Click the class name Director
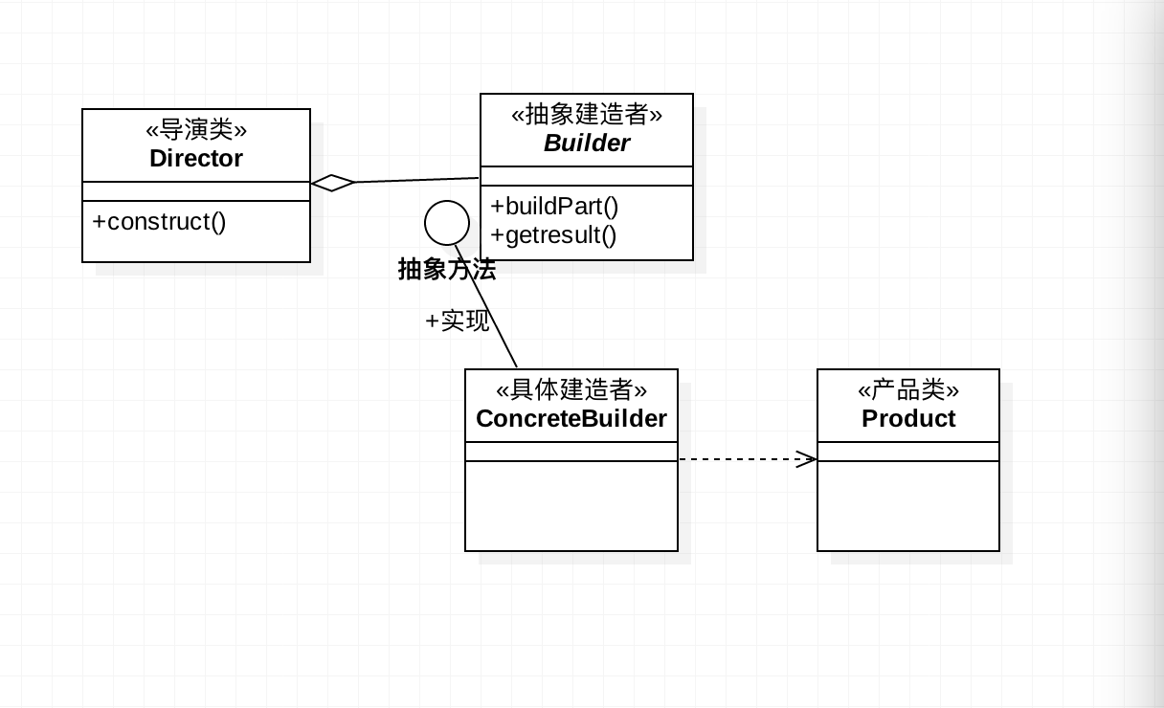click(x=196, y=159)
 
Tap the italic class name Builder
click(x=587, y=143)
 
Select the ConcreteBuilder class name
click(x=571, y=419)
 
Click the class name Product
click(x=908, y=419)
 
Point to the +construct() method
click(x=159, y=222)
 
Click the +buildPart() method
click(x=554, y=207)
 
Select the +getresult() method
click(x=553, y=234)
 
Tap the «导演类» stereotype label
click(x=196, y=129)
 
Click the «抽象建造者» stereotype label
click(x=587, y=114)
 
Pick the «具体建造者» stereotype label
click(x=571, y=389)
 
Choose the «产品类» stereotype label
click(x=908, y=389)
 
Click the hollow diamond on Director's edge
click(x=332, y=183)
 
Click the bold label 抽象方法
click(x=447, y=270)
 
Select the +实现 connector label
click(x=458, y=321)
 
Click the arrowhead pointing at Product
click(x=807, y=459)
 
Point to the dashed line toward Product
click(x=748, y=459)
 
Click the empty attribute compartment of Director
click(x=196, y=191)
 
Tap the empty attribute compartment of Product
click(x=908, y=452)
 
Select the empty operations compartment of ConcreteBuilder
click(x=571, y=505)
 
